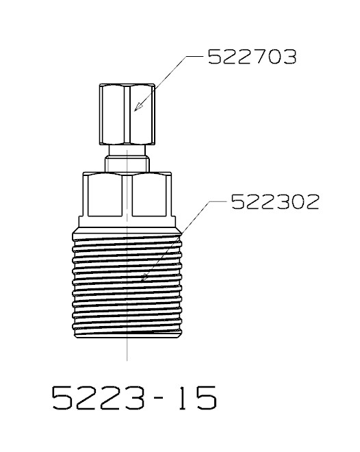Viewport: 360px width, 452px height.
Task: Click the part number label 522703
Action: pos(252,57)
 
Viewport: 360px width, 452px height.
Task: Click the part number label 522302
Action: pos(275,202)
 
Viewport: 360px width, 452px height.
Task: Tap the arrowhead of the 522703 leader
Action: pos(138,107)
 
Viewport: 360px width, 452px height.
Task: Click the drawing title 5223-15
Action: pos(134,398)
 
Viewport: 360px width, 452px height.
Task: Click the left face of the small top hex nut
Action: pos(113,114)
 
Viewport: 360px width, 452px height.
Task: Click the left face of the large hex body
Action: pos(105,194)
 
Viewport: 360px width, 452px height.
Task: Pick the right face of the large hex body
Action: pos(149,194)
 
